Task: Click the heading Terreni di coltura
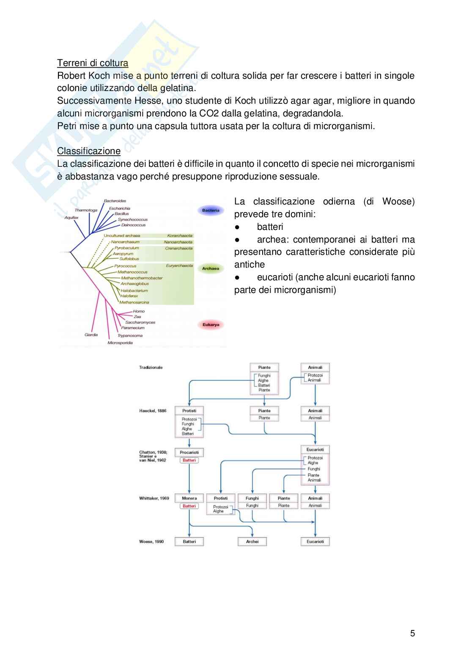[93, 63]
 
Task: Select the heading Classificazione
[89, 151]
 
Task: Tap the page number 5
[412, 633]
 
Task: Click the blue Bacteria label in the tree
[211, 210]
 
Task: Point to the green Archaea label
[211, 268]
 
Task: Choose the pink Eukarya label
[211, 325]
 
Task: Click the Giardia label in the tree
[91, 335]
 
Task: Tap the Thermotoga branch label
[86, 210]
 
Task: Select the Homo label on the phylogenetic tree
[139, 311]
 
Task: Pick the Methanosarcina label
[134, 302]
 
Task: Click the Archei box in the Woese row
[252, 541]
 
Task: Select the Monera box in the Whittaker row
[189, 498]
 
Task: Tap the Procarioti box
[189, 453]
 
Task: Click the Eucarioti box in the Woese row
[315, 541]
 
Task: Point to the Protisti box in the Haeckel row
[189, 411]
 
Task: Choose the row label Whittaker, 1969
[154, 498]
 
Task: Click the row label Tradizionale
[151, 367]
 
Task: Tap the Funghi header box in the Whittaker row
[252, 498]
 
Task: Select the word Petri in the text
[66, 126]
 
